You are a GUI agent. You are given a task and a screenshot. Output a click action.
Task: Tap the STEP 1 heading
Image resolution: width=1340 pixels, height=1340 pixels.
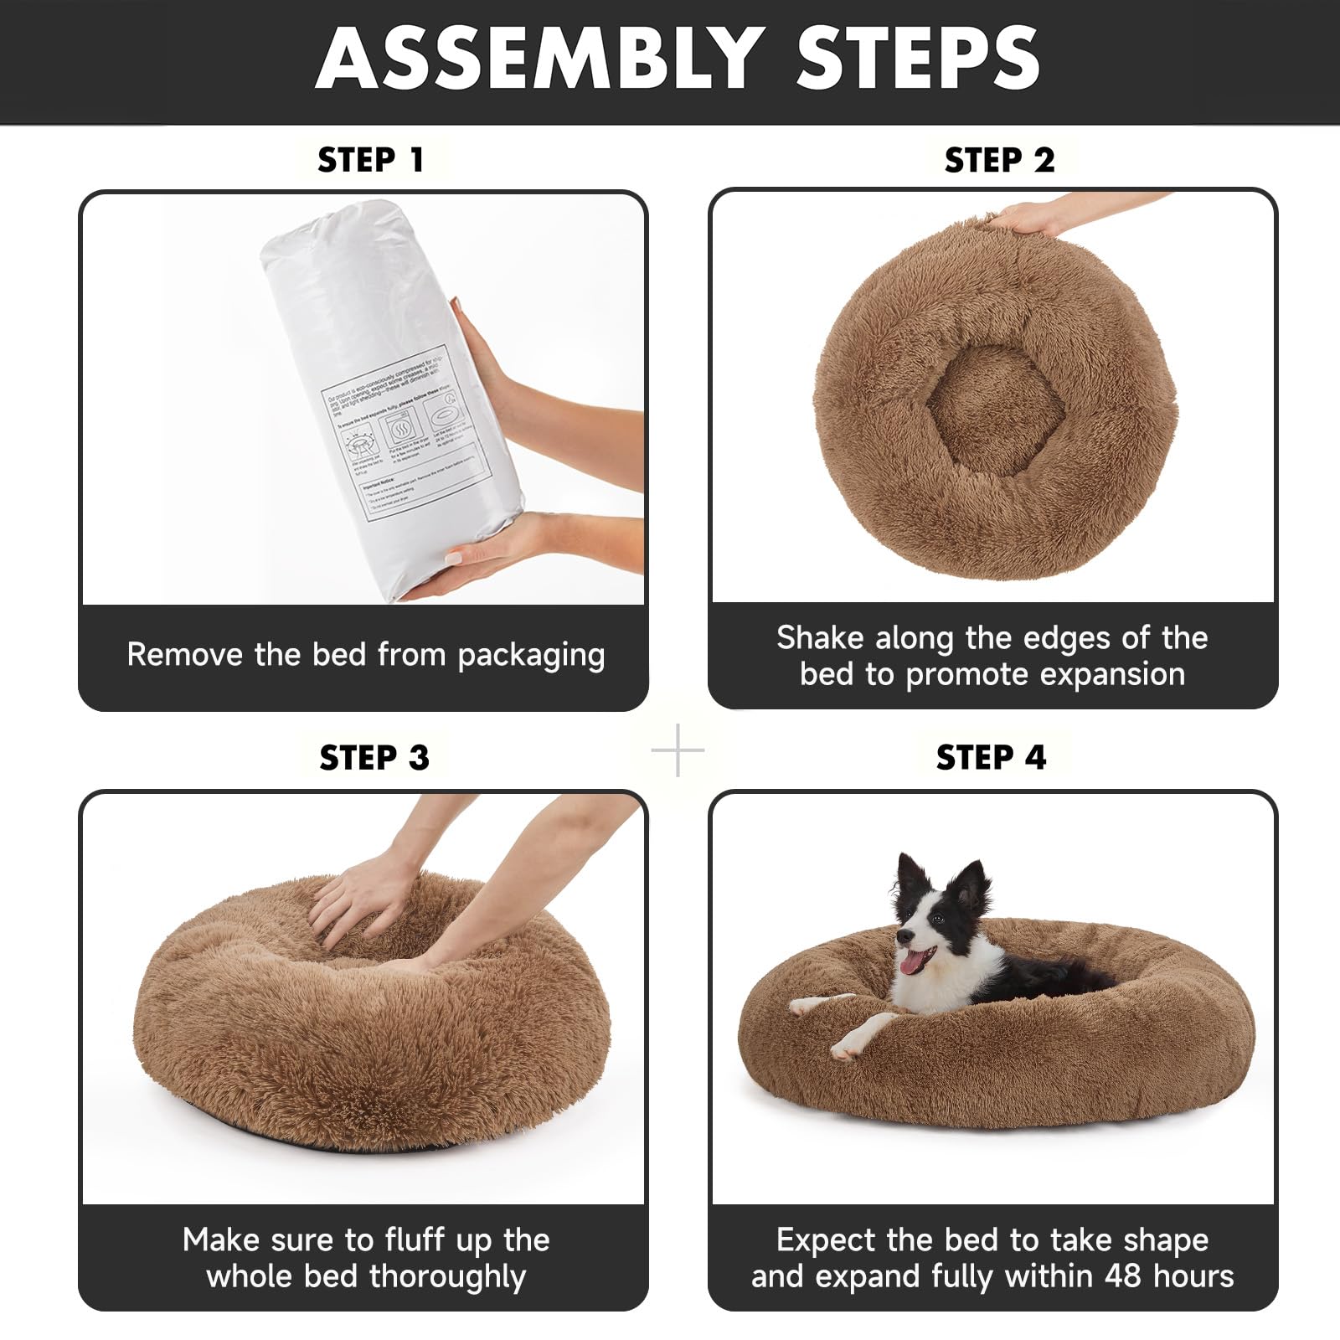pyautogui.click(x=371, y=160)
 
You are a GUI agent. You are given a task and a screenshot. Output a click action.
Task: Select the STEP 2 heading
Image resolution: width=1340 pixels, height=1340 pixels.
pyautogui.click(x=999, y=160)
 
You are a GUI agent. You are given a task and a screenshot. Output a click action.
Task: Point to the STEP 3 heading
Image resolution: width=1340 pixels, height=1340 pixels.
pyautogui.click(x=374, y=758)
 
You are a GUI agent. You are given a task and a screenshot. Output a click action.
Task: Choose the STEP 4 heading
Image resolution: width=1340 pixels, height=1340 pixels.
pyautogui.click(x=991, y=758)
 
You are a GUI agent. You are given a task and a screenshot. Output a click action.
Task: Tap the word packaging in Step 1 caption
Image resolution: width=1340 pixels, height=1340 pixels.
pyautogui.click(x=531, y=655)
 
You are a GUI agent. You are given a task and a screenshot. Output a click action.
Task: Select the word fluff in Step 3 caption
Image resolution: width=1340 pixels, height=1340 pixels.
pyautogui.click(x=416, y=1240)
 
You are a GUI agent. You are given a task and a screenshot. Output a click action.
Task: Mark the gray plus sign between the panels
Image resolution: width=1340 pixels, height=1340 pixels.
pyautogui.click(x=678, y=750)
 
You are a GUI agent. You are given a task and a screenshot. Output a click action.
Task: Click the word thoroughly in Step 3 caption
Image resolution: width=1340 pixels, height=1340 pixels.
pyautogui.click(x=447, y=1277)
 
